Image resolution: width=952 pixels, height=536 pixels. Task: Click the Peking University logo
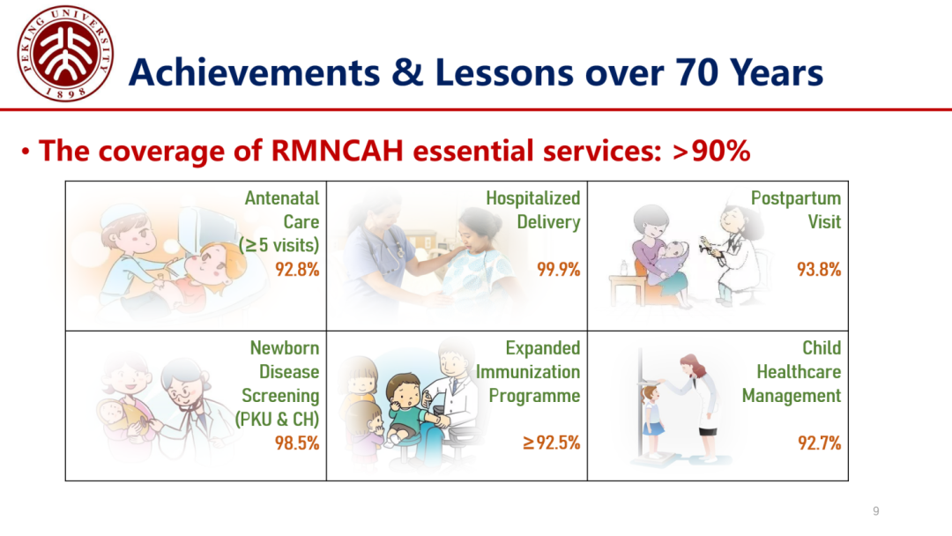65,54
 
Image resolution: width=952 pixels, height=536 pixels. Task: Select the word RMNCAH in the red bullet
337,151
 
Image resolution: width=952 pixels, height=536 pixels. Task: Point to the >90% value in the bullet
711,151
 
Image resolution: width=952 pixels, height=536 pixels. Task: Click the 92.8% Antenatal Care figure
297,269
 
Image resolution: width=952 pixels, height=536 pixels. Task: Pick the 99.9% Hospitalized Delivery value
559,269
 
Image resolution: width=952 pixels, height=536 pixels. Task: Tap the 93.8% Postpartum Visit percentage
819,269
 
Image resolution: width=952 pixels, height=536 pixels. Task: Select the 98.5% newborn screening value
297,443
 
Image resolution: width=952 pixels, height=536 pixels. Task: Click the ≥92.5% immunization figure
551,443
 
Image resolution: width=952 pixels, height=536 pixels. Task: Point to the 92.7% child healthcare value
820,443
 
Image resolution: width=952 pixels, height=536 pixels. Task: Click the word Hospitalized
533,198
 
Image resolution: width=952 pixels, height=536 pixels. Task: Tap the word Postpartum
796,198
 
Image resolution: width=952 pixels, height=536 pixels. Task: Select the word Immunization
528,371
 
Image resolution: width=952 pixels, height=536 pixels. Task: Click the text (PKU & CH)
278,420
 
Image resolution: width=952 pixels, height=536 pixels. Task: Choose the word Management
792,396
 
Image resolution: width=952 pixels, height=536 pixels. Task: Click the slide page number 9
875,511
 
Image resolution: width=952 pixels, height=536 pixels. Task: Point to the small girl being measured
651,420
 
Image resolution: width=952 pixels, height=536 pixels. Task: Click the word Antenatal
282,198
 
